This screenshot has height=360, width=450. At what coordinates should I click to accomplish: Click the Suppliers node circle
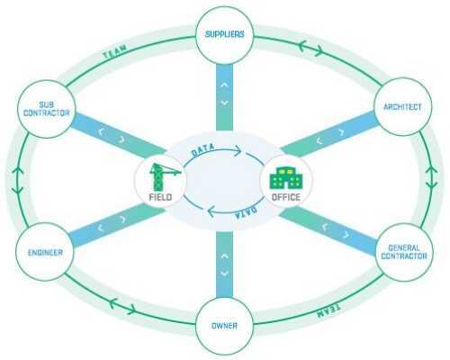pyautogui.click(x=225, y=35)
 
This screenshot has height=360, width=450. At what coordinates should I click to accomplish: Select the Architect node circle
pyautogui.click(x=403, y=107)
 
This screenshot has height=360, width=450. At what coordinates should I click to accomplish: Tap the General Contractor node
pyautogui.click(x=404, y=252)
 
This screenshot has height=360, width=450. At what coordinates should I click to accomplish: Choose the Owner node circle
pyautogui.click(x=225, y=326)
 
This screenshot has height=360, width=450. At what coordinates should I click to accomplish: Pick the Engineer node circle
pyautogui.click(x=45, y=252)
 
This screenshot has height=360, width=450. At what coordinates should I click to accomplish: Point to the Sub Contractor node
pyautogui.click(x=46, y=109)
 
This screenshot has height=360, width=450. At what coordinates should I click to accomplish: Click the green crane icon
pyautogui.click(x=164, y=176)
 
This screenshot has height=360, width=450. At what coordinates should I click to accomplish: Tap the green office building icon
pyautogui.click(x=285, y=178)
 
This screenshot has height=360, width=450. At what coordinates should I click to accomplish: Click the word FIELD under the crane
pyautogui.click(x=160, y=197)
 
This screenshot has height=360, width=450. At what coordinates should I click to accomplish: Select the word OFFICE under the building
pyautogui.click(x=286, y=197)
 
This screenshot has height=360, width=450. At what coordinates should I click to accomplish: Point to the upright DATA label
pyautogui.click(x=203, y=150)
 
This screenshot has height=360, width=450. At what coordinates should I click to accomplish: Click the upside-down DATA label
pyautogui.click(x=246, y=212)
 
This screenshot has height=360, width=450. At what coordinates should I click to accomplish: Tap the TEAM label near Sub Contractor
pyautogui.click(x=115, y=51)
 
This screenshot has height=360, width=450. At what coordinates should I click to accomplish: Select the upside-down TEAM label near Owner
pyautogui.click(x=328, y=310)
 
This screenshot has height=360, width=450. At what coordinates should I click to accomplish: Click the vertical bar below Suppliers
pyautogui.click(x=224, y=97)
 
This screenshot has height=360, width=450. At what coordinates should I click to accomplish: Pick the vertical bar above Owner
pyautogui.click(x=224, y=265)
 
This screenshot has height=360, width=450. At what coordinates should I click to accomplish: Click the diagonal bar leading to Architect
pyautogui.click(x=329, y=135)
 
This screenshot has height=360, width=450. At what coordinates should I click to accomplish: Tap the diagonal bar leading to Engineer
pyautogui.click(x=117, y=226)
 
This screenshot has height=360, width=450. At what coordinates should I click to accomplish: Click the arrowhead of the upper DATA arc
pyautogui.click(x=238, y=150)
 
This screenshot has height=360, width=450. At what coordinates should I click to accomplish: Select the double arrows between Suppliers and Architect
pyautogui.click(x=310, y=48)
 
